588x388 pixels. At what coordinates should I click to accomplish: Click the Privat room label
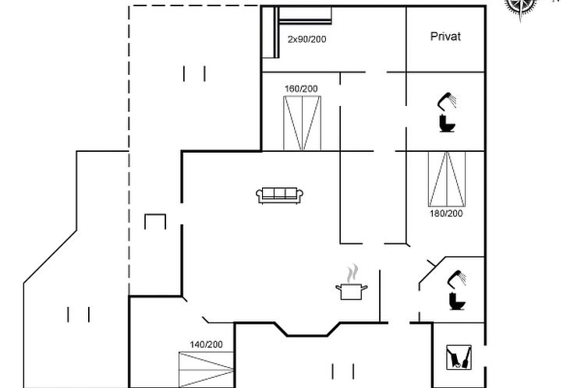(445, 37)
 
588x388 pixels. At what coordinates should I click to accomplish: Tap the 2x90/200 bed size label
(306, 39)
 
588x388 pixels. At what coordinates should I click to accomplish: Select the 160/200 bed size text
(301, 89)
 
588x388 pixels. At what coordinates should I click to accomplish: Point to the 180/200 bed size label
(446, 213)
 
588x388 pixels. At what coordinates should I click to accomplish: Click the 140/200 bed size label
(206, 344)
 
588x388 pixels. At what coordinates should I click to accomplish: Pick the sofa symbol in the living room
(280, 196)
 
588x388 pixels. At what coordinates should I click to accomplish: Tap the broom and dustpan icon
(459, 358)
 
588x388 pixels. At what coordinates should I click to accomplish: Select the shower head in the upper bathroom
(447, 101)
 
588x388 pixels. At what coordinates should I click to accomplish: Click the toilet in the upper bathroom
(447, 124)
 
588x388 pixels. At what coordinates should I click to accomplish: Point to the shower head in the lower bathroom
(457, 279)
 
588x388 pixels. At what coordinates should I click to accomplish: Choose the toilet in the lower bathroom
(457, 302)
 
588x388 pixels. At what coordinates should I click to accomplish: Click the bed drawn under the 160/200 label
(303, 123)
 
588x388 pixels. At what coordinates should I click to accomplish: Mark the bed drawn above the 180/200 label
(447, 179)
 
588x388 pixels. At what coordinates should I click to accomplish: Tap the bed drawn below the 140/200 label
(206, 369)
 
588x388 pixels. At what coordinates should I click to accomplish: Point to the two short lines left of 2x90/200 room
(194, 74)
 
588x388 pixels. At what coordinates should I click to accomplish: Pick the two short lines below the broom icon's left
(343, 371)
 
